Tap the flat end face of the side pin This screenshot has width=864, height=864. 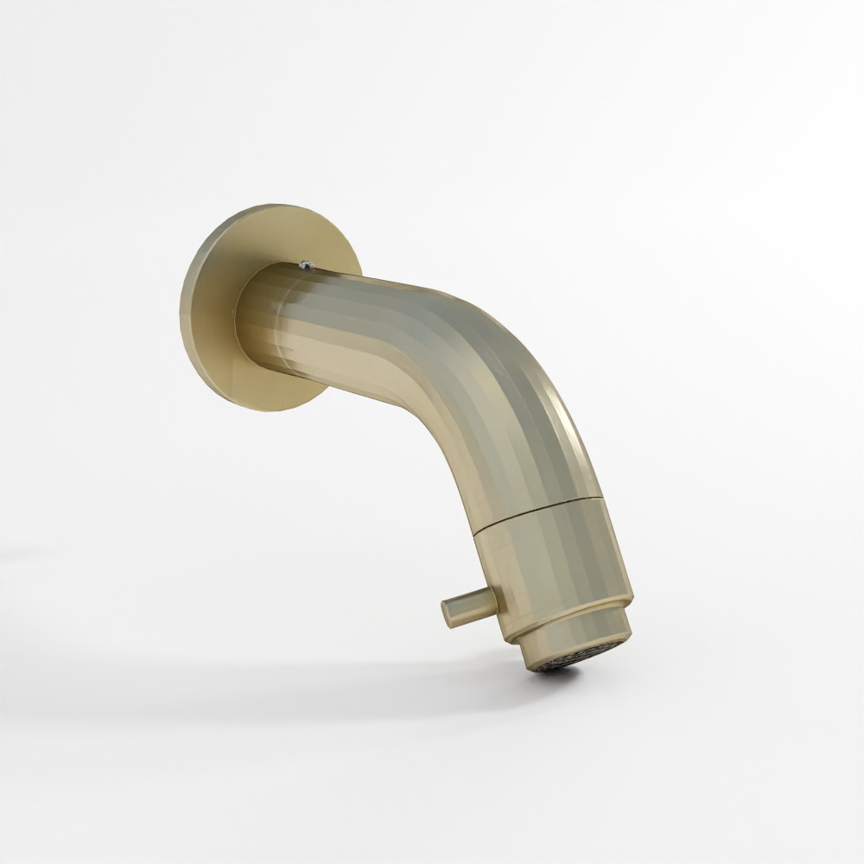(448, 614)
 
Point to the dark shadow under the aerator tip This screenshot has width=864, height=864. (553, 672)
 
